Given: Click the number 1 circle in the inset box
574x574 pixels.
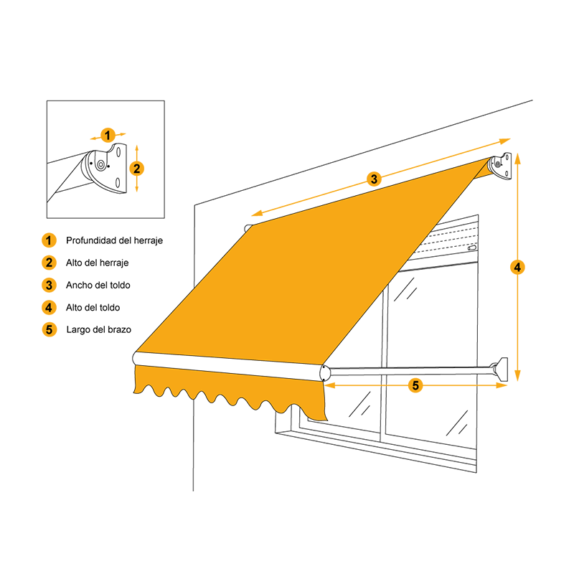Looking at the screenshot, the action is tap(107, 136).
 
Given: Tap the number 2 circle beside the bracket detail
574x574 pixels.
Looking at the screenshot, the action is tap(137, 169).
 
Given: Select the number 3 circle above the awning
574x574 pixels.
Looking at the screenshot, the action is tap(374, 179).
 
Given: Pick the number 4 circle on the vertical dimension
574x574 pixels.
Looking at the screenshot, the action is tap(517, 267).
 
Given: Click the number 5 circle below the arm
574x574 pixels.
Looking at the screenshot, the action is tap(415, 385).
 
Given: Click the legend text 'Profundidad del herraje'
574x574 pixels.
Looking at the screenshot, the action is tap(114, 240).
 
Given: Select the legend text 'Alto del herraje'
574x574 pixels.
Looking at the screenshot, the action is tap(97, 263).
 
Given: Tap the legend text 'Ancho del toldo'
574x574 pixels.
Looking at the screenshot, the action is tap(98, 285).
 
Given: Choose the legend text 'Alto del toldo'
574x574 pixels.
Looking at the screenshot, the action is tap(93, 308).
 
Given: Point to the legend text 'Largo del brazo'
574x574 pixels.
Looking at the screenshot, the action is tap(99, 330).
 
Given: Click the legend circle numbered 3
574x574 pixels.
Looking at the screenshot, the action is tap(49, 285).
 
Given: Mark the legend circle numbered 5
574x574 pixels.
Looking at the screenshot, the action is tap(49, 329).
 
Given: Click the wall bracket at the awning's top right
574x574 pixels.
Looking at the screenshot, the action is tap(499, 166).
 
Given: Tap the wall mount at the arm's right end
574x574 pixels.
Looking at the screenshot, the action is tap(501, 369).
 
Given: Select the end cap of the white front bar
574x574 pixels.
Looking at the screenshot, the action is tap(325, 372).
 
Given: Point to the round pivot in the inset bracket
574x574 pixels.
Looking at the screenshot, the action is tap(100, 165).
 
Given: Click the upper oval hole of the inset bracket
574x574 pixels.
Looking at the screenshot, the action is tap(118, 151).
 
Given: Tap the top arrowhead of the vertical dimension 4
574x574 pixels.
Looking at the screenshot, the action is tap(517, 158).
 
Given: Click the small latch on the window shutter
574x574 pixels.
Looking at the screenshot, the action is tap(472, 248).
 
